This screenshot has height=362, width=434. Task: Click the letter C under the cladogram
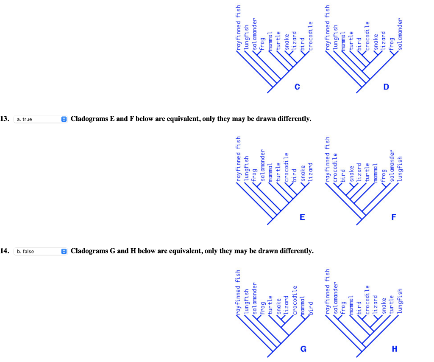pyautogui.click(x=297, y=87)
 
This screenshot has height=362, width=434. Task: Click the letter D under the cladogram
pyautogui.click(x=386, y=87)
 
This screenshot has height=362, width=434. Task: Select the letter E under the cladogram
pyautogui.click(x=302, y=217)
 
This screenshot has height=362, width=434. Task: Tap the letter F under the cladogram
pyautogui.click(x=394, y=217)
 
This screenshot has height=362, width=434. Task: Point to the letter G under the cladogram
pyautogui.click(x=303, y=349)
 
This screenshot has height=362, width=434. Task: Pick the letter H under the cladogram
pyautogui.click(x=395, y=349)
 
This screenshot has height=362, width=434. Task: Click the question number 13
pyautogui.click(x=5, y=119)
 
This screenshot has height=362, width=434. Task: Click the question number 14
pyautogui.click(x=5, y=251)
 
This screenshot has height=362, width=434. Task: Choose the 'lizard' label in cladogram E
pyautogui.click(x=310, y=172)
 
